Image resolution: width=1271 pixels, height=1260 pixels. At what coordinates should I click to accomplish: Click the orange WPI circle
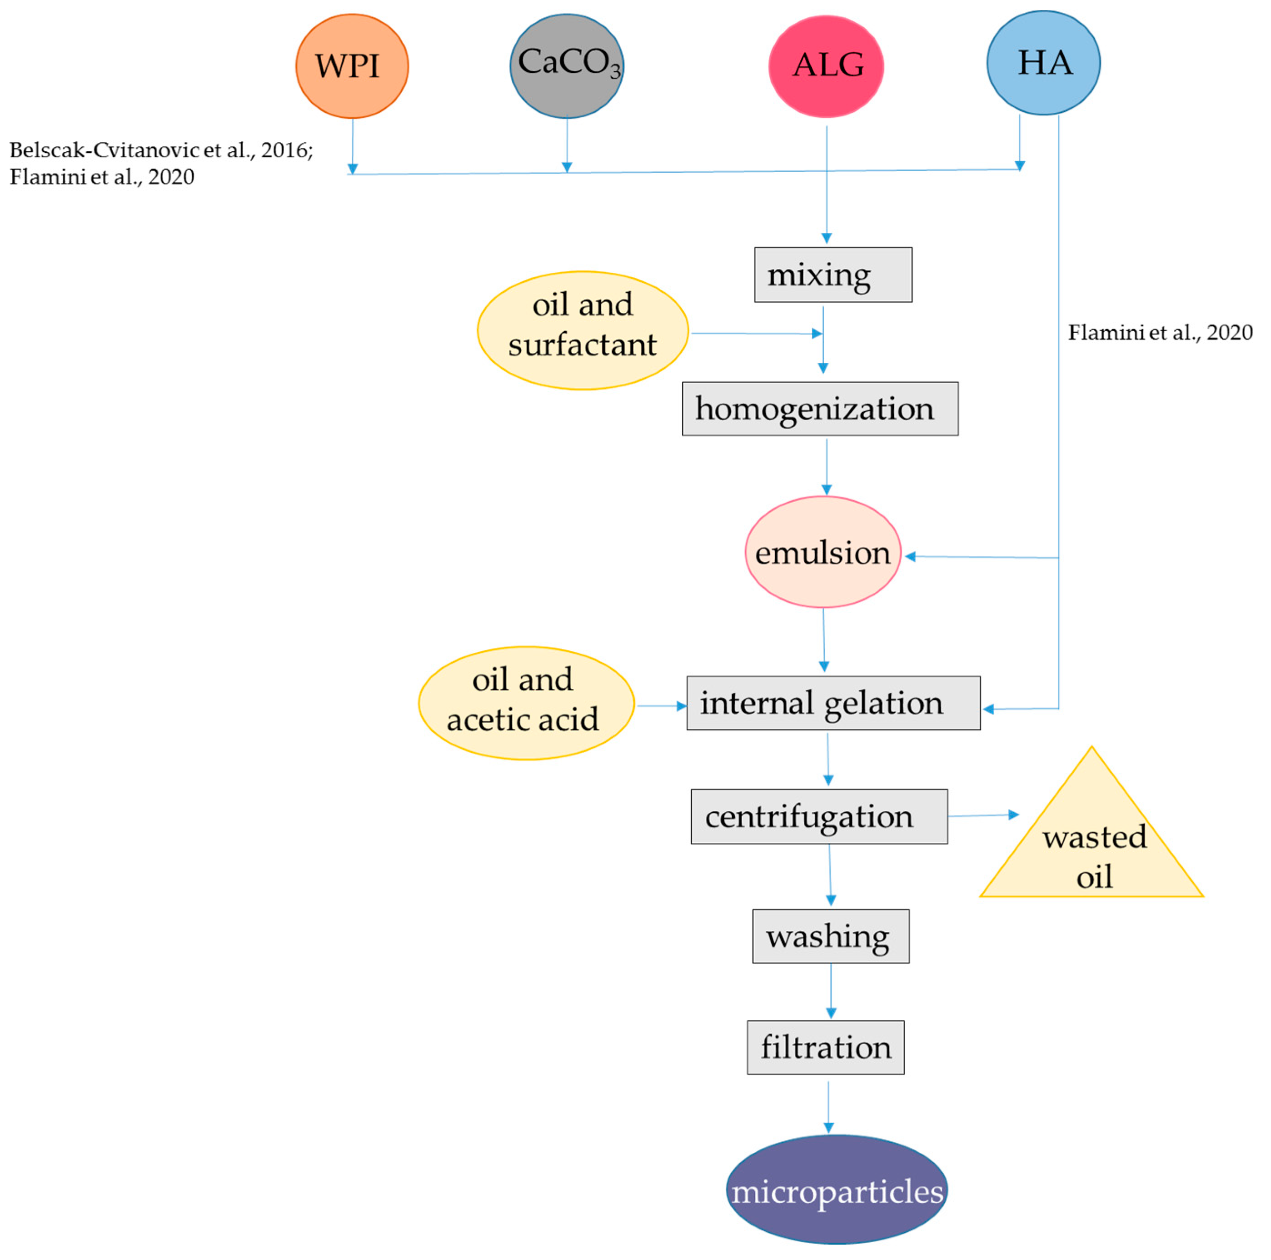pyautogui.click(x=352, y=66)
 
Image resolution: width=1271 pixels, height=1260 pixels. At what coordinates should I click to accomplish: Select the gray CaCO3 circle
pyautogui.click(x=567, y=66)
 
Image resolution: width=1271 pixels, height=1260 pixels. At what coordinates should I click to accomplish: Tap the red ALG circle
pyautogui.click(x=826, y=66)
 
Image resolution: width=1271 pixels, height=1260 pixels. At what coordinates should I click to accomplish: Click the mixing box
pyautogui.click(x=833, y=275)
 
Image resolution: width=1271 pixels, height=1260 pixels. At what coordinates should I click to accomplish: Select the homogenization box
pyautogui.click(x=820, y=409)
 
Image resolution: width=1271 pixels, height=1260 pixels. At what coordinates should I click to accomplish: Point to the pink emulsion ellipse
pyautogui.click(x=822, y=552)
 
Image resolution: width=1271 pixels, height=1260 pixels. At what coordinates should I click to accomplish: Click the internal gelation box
pyautogui.click(x=833, y=703)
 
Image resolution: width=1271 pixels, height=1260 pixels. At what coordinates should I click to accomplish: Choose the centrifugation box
pyautogui.click(x=819, y=816)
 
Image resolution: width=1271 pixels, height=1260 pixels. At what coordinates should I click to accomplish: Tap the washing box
pyautogui.click(x=831, y=936)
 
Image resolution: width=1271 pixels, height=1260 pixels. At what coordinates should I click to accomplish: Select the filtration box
pyautogui.click(x=826, y=1047)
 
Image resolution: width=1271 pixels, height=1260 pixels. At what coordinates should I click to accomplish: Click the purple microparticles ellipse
pyautogui.click(x=837, y=1191)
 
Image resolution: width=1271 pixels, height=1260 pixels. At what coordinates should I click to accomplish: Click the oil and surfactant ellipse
pyautogui.click(x=582, y=330)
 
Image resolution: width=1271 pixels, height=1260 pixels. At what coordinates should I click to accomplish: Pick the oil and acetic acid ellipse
pyautogui.click(x=526, y=703)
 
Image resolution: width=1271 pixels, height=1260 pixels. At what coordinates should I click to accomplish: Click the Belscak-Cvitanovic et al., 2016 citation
pyautogui.click(x=161, y=150)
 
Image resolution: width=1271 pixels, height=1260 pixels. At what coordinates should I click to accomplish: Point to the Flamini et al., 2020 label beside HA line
pyautogui.click(x=1160, y=332)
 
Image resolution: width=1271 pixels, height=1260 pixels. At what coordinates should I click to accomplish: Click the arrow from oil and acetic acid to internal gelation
pyautogui.click(x=661, y=706)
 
